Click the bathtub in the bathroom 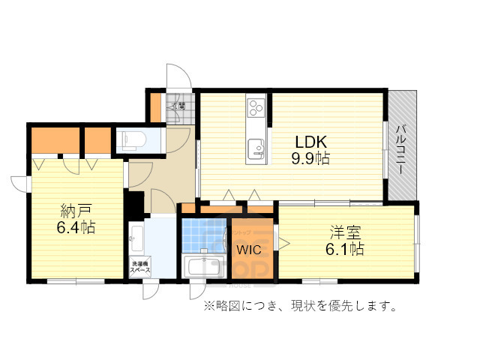coord(204,266)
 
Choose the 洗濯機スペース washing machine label coord(141,265)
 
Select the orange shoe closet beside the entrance coord(155,106)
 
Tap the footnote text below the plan coord(298,306)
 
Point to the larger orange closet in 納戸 coord(55,139)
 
